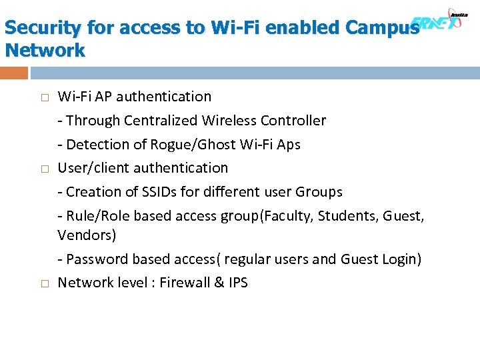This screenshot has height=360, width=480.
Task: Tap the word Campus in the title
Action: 383,28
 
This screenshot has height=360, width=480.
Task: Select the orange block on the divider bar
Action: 15,73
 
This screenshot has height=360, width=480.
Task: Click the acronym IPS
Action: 238,283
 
